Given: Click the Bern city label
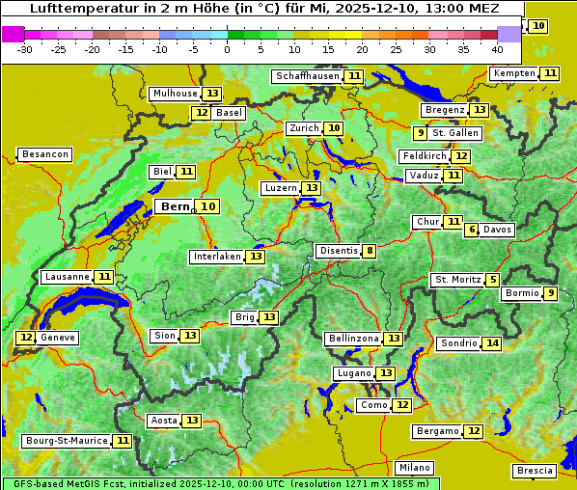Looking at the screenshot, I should pos(176,206).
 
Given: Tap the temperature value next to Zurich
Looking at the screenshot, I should pos(334,128).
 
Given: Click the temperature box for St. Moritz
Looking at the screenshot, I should pos(493,280).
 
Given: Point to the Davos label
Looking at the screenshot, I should pos(498,230).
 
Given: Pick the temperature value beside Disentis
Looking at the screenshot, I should pos(369,251).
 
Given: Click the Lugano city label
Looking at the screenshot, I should pos(352,373).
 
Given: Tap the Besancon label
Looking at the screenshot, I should pos(45,154).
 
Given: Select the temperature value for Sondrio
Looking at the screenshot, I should pos(492,343).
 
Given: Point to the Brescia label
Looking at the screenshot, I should pos(535,471).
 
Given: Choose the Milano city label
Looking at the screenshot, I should pos(416,467).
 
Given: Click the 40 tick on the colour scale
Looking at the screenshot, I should pos(497,49).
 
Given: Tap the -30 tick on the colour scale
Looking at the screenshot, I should pos(25,49).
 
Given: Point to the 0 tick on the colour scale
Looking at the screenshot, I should pos(228,49).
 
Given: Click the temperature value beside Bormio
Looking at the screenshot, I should pos(550,293).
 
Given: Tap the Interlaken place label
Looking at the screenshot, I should pos(215,257).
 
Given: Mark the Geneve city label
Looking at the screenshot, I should pos(58,338).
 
